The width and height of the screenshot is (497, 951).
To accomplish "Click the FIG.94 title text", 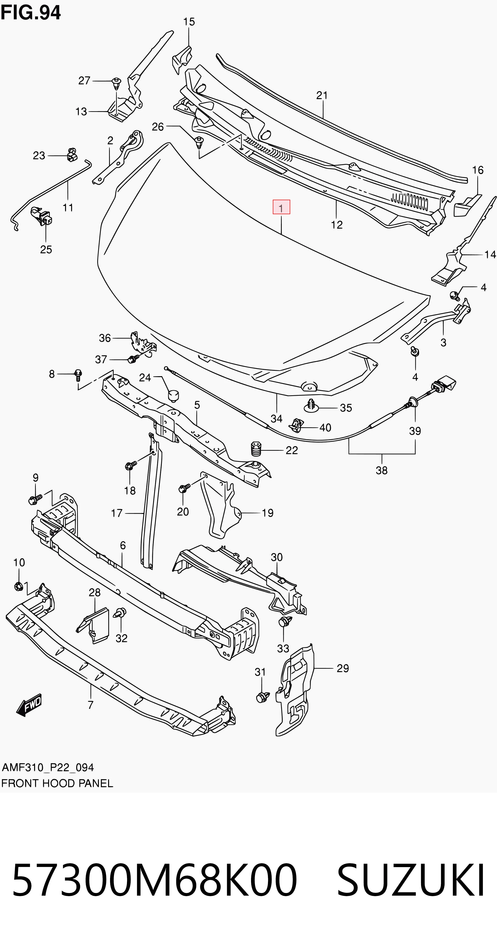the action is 31,13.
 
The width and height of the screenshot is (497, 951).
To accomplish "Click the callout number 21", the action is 322,95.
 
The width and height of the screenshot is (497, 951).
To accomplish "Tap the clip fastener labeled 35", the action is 312,406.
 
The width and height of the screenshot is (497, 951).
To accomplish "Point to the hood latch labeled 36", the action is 141,344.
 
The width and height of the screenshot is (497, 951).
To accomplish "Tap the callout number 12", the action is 337,225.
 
